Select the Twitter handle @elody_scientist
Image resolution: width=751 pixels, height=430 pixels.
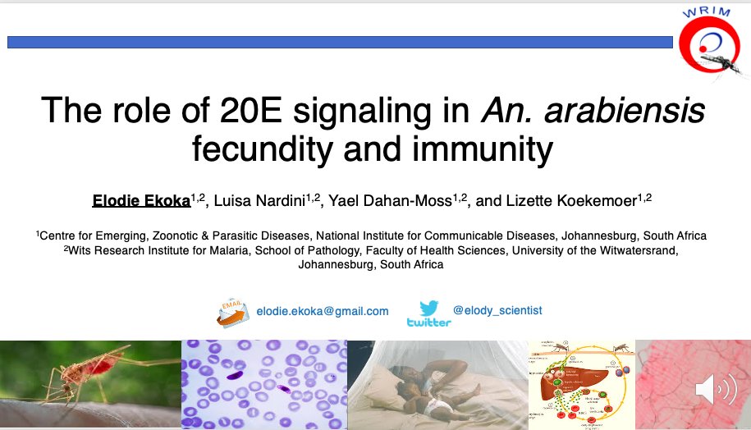[x=497, y=311]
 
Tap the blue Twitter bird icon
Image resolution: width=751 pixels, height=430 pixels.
[x=428, y=309]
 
